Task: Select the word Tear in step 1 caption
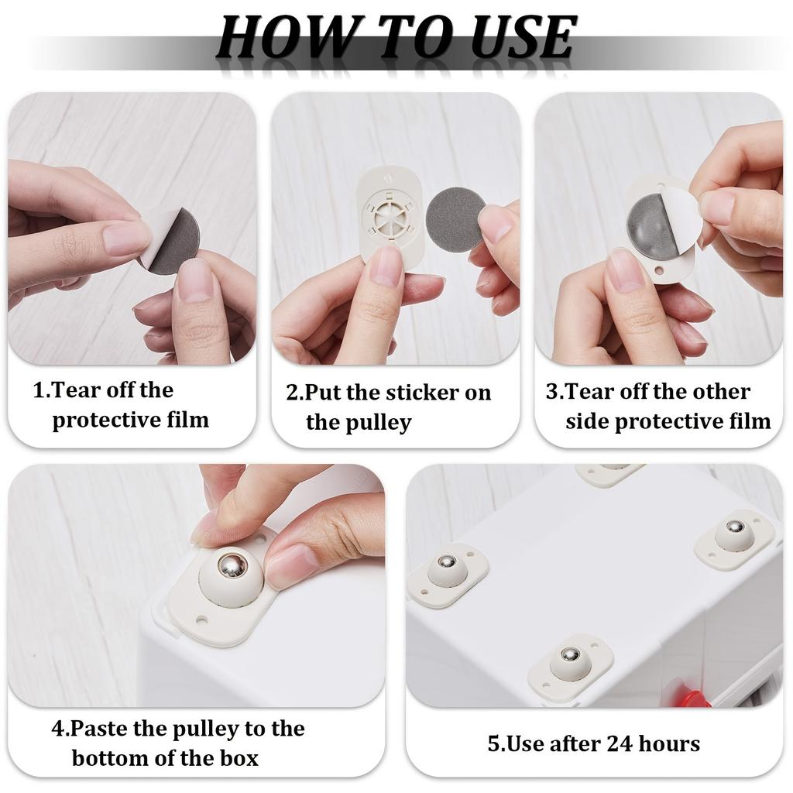tap(75, 390)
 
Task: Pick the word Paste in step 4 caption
tap(101, 729)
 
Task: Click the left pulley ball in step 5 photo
tap(445, 561)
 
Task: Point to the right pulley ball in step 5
tap(735, 527)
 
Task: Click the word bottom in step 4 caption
tap(108, 757)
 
